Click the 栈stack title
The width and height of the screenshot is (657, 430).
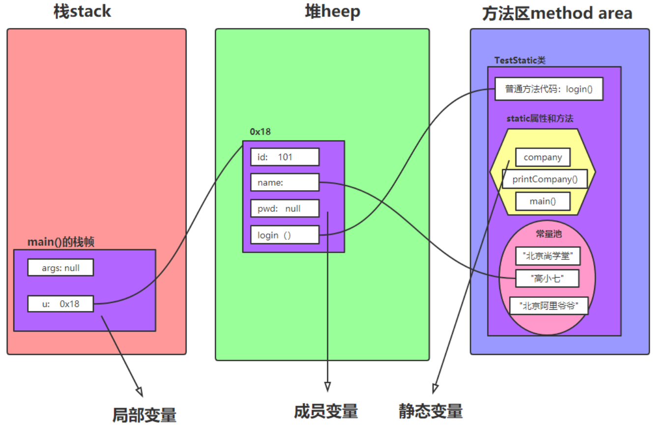82,12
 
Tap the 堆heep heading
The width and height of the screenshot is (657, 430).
333,12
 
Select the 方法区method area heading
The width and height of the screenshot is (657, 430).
557,13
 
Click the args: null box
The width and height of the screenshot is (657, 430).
61,267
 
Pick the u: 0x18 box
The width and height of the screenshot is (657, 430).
61,304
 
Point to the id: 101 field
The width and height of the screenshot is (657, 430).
285,157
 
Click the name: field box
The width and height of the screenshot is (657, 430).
285,182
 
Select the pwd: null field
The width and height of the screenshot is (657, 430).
285,208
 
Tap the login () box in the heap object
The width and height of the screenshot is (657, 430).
285,234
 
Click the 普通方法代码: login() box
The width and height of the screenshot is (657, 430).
549,89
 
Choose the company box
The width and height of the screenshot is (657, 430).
543,157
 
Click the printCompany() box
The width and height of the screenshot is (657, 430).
545,179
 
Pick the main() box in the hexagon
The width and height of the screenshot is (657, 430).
543,201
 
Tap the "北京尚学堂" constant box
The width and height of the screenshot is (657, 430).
547,256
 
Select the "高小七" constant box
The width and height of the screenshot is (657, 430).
547,278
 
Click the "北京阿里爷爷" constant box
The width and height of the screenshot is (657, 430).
549,306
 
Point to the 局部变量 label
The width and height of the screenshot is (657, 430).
144,415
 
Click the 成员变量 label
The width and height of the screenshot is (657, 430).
326,411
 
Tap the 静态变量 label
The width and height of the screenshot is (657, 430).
430,411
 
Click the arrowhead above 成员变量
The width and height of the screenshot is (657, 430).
328,387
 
